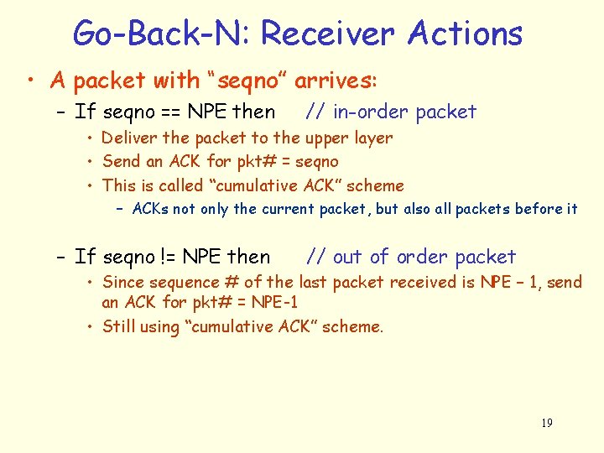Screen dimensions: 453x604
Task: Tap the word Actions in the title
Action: [x=465, y=34]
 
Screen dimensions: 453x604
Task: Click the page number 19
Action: [x=546, y=423]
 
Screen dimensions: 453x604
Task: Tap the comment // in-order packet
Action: [x=391, y=112]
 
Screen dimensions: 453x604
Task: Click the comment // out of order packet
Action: [x=411, y=257]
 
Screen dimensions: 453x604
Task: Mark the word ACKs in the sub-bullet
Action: [x=151, y=209]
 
